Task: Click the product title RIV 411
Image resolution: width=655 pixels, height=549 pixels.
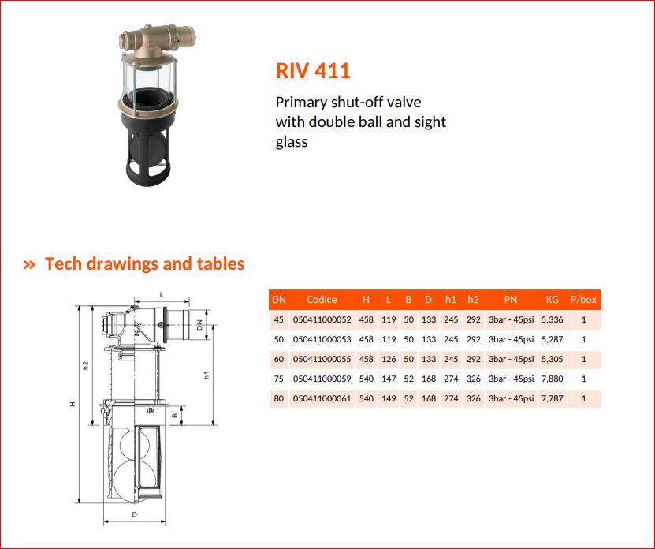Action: pyautogui.click(x=313, y=70)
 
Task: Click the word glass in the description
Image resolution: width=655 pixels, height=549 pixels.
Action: pyautogui.click(x=292, y=142)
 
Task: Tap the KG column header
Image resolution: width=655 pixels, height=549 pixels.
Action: pyautogui.click(x=553, y=300)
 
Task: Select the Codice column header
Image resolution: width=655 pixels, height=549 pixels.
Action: pyautogui.click(x=322, y=300)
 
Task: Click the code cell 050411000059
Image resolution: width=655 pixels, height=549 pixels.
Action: pyautogui.click(x=322, y=379)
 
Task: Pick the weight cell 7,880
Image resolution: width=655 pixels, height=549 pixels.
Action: pyautogui.click(x=553, y=379)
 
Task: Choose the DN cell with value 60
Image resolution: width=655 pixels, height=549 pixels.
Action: pyautogui.click(x=278, y=359)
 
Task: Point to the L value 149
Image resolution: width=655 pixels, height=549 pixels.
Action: pyautogui.click(x=389, y=398)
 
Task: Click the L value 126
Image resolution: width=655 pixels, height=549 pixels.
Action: pyautogui.click(x=389, y=359)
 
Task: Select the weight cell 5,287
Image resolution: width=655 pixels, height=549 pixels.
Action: pyautogui.click(x=553, y=339)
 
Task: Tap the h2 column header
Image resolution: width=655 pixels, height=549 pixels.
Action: pyautogui.click(x=473, y=300)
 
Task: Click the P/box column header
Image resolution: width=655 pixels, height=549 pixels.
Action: pyautogui.click(x=583, y=300)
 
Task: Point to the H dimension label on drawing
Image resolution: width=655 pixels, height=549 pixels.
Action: pyautogui.click(x=73, y=404)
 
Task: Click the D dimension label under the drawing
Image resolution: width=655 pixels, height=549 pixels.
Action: pyautogui.click(x=134, y=515)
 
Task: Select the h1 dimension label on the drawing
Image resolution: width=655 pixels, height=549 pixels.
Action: pyautogui.click(x=206, y=375)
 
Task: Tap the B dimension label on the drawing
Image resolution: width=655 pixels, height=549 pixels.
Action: pyautogui.click(x=175, y=415)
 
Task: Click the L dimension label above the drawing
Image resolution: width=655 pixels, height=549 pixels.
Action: pyautogui.click(x=162, y=295)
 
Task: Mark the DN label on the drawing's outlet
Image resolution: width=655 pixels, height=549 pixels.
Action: pyautogui.click(x=199, y=325)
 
